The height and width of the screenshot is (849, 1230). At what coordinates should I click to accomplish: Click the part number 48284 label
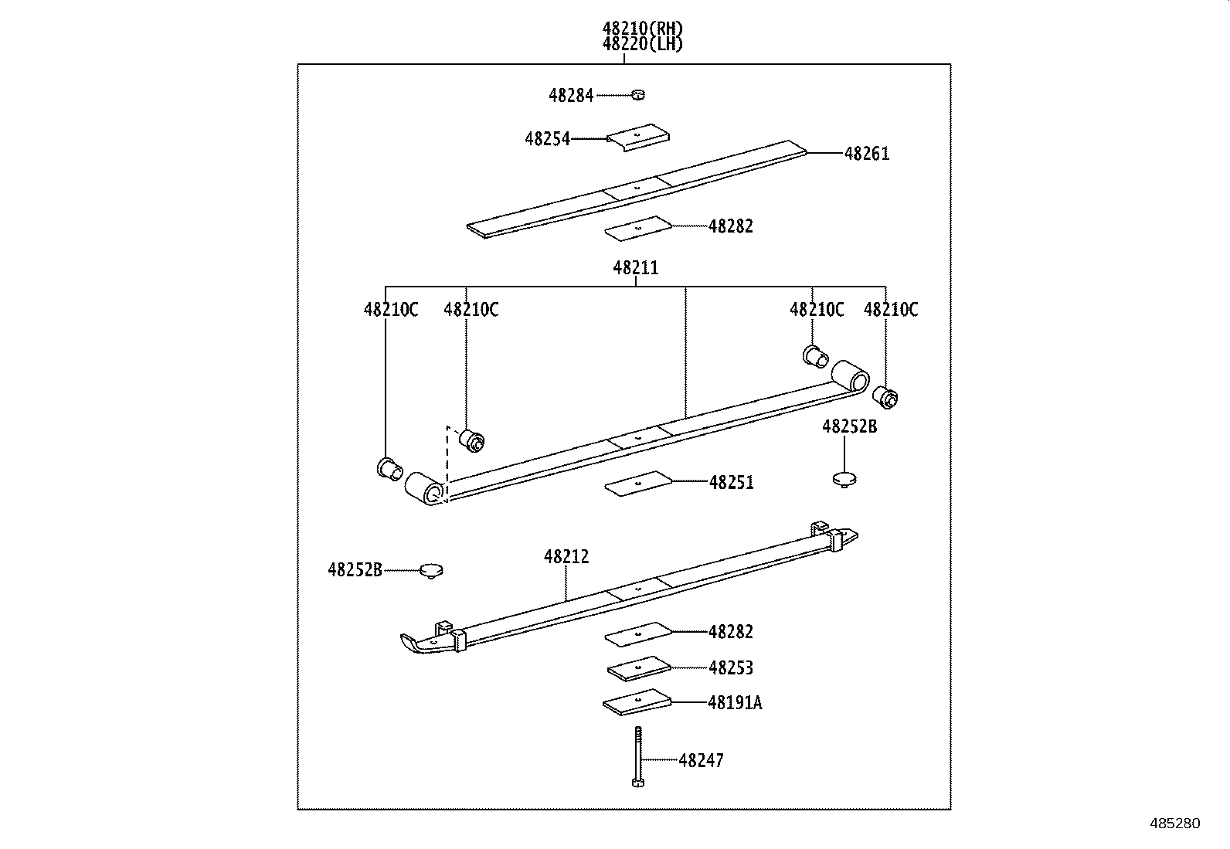pyautogui.click(x=571, y=96)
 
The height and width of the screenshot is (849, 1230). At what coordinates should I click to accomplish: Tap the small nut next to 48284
pyautogui.click(x=637, y=95)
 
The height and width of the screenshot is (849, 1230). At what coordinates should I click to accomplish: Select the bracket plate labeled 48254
pyautogui.click(x=637, y=137)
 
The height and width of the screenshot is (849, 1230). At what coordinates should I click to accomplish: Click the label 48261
pyautogui.click(x=867, y=154)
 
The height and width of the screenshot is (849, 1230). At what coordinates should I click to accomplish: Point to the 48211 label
pyautogui.click(x=636, y=268)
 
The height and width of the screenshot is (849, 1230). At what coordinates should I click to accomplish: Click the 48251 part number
pyautogui.click(x=731, y=483)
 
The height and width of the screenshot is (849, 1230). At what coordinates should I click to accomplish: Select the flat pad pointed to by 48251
pyautogui.click(x=638, y=483)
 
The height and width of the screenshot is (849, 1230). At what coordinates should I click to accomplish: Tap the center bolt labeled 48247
pyautogui.click(x=637, y=757)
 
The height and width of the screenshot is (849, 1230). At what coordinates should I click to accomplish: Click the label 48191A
pyautogui.click(x=735, y=703)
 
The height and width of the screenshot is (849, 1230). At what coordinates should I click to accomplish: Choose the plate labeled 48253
pyautogui.click(x=637, y=668)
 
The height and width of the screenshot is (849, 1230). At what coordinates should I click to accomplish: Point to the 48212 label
pyautogui.click(x=566, y=556)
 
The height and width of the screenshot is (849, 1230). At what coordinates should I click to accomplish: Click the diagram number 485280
pyautogui.click(x=1174, y=824)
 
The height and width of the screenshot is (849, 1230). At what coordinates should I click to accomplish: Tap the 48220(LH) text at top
pyautogui.click(x=643, y=44)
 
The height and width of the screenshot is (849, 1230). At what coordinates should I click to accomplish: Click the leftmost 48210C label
pyautogui.click(x=391, y=310)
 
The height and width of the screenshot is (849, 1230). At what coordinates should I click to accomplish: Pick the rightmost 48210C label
pyautogui.click(x=891, y=310)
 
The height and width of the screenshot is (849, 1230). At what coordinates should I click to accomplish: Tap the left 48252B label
pyautogui.click(x=355, y=570)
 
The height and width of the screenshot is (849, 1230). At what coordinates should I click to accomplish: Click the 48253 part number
pyautogui.click(x=731, y=668)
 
